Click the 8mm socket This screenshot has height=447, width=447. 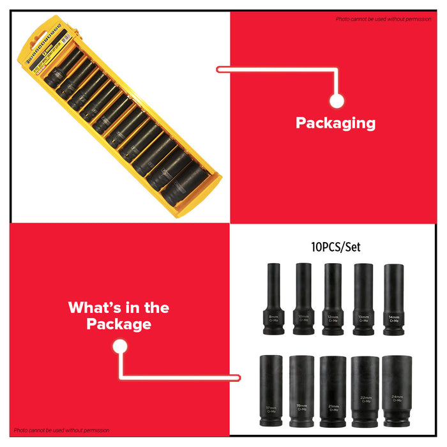273,299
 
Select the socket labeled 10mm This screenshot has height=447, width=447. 303,299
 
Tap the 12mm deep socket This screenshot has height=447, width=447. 333,299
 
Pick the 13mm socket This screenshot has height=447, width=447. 363,299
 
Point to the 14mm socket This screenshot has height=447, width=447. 394,299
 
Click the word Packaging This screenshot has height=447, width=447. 335,123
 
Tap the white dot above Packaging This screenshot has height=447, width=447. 337,100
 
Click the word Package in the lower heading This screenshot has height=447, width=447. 119,324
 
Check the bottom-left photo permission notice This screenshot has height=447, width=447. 62,430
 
